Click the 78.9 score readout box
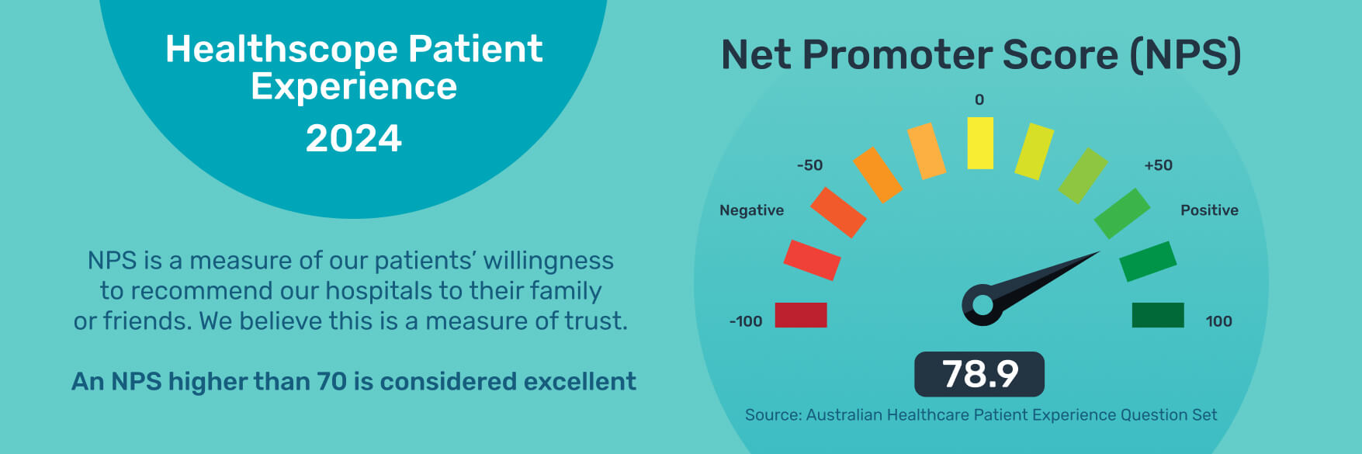pos(979,374)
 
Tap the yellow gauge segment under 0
pos(980,143)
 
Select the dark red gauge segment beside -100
pos(801,315)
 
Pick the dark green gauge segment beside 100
pos(1158,315)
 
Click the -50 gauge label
pos(809,165)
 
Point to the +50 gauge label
pos(1158,165)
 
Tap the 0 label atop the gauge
pos(979,100)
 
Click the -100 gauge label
pos(746,321)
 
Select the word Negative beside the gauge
pos(751,210)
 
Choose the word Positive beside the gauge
pos(1209,210)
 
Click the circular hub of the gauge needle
pos(983,305)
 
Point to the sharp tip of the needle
pos(1100,251)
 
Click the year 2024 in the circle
pos(354,139)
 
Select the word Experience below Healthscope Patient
pos(354,87)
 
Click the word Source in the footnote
pos(773,415)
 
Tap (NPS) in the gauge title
pos(1185,55)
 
